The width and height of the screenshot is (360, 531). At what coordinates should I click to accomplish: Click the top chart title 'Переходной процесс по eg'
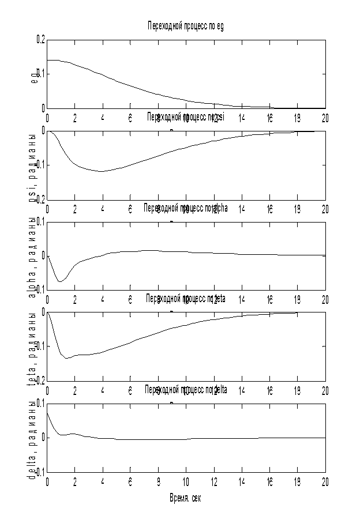[186, 26]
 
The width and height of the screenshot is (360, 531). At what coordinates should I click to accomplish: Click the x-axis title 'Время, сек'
[185, 497]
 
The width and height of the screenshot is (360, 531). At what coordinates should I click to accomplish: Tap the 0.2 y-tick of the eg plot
[39, 40]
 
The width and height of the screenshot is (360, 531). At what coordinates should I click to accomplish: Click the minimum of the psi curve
[102, 171]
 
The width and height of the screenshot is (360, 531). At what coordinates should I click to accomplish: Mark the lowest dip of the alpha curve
[60, 281]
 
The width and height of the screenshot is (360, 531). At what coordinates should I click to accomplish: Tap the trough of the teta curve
[67, 358]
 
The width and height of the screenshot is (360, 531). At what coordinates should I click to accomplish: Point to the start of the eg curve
[47, 60]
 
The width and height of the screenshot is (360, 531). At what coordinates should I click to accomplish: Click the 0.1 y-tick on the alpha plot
[39, 221]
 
